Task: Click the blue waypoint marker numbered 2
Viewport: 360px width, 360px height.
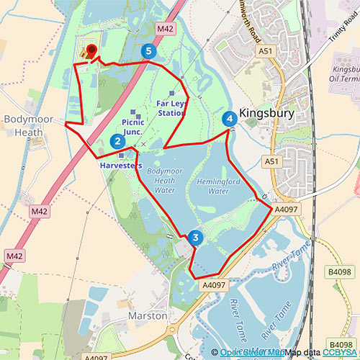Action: tap(117, 141)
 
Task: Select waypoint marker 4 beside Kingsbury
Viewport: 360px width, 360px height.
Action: tap(230, 118)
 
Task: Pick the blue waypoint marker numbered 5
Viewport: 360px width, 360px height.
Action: tap(149, 51)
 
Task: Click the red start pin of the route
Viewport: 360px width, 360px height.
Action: tap(91, 52)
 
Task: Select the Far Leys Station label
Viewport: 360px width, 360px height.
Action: tap(171, 109)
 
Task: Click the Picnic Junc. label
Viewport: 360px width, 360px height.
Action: tap(133, 127)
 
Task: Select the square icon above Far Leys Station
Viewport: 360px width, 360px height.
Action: tap(171, 94)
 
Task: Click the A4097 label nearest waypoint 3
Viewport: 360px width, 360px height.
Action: tap(214, 286)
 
